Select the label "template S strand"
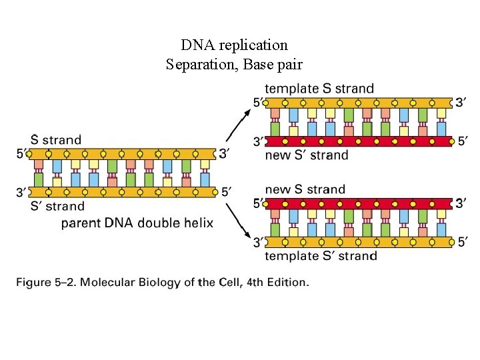click(319, 89)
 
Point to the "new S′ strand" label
click(307, 155)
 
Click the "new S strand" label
click(305, 189)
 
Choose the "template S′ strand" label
click(321, 256)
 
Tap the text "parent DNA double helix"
click(137, 223)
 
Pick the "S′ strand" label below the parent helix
click(57, 206)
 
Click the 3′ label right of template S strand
click(461, 103)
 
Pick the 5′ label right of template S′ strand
click(462, 243)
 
